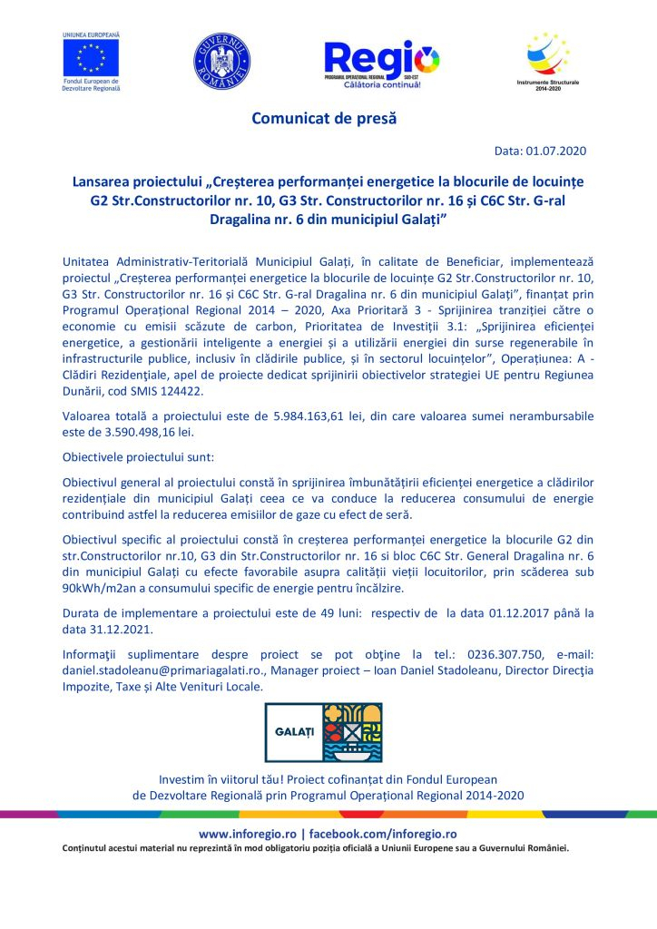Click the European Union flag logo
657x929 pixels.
point(91,57)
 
